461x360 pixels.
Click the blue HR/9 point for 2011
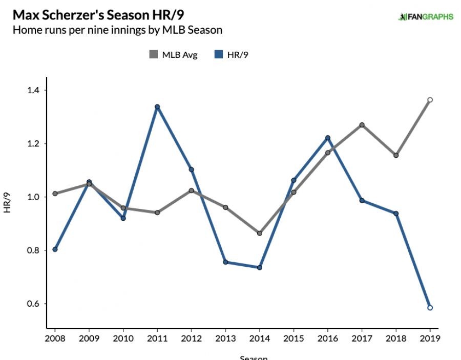pyautogui.click(x=157, y=107)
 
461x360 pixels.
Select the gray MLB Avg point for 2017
pyautogui.click(x=362, y=125)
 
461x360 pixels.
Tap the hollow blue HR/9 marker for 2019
pyautogui.click(x=430, y=308)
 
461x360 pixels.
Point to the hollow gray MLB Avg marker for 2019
pyautogui.click(x=430, y=100)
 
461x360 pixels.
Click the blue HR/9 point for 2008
pyautogui.click(x=55, y=249)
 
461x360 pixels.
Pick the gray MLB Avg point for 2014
pyautogui.click(x=259, y=233)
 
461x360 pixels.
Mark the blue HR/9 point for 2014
pyautogui.click(x=259, y=267)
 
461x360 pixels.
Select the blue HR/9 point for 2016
pyautogui.click(x=328, y=138)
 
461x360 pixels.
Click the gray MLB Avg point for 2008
pyautogui.click(x=55, y=194)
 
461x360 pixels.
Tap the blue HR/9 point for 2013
pyautogui.click(x=225, y=262)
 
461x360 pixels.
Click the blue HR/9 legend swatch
pyautogui.click(x=217, y=55)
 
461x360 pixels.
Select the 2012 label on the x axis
pyautogui.click(x=191, y=338)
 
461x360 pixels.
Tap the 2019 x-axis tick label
pyautogui.click(x=430, y=338)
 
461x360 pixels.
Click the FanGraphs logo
pyautogui.click(x=426, y=16)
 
